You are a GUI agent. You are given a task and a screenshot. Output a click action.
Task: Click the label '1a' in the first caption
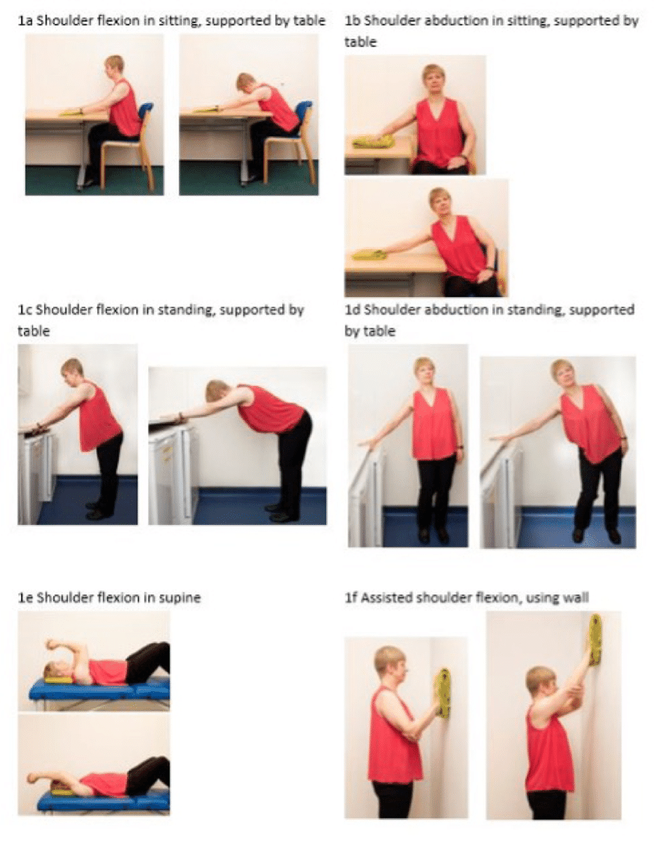coord(25,22)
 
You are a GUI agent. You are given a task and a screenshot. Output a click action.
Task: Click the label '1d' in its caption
coord(352,310)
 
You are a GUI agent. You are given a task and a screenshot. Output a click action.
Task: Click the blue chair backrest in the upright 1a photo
coord(146,115)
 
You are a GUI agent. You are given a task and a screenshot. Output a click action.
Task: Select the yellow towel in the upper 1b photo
coord(369,142)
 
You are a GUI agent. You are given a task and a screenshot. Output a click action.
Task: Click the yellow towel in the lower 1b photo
coord(369,253)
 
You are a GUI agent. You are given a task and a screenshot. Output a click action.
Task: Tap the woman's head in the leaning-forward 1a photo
coord(246,84)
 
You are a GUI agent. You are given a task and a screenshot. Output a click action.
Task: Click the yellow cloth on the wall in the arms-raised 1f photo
coord(596,640)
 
